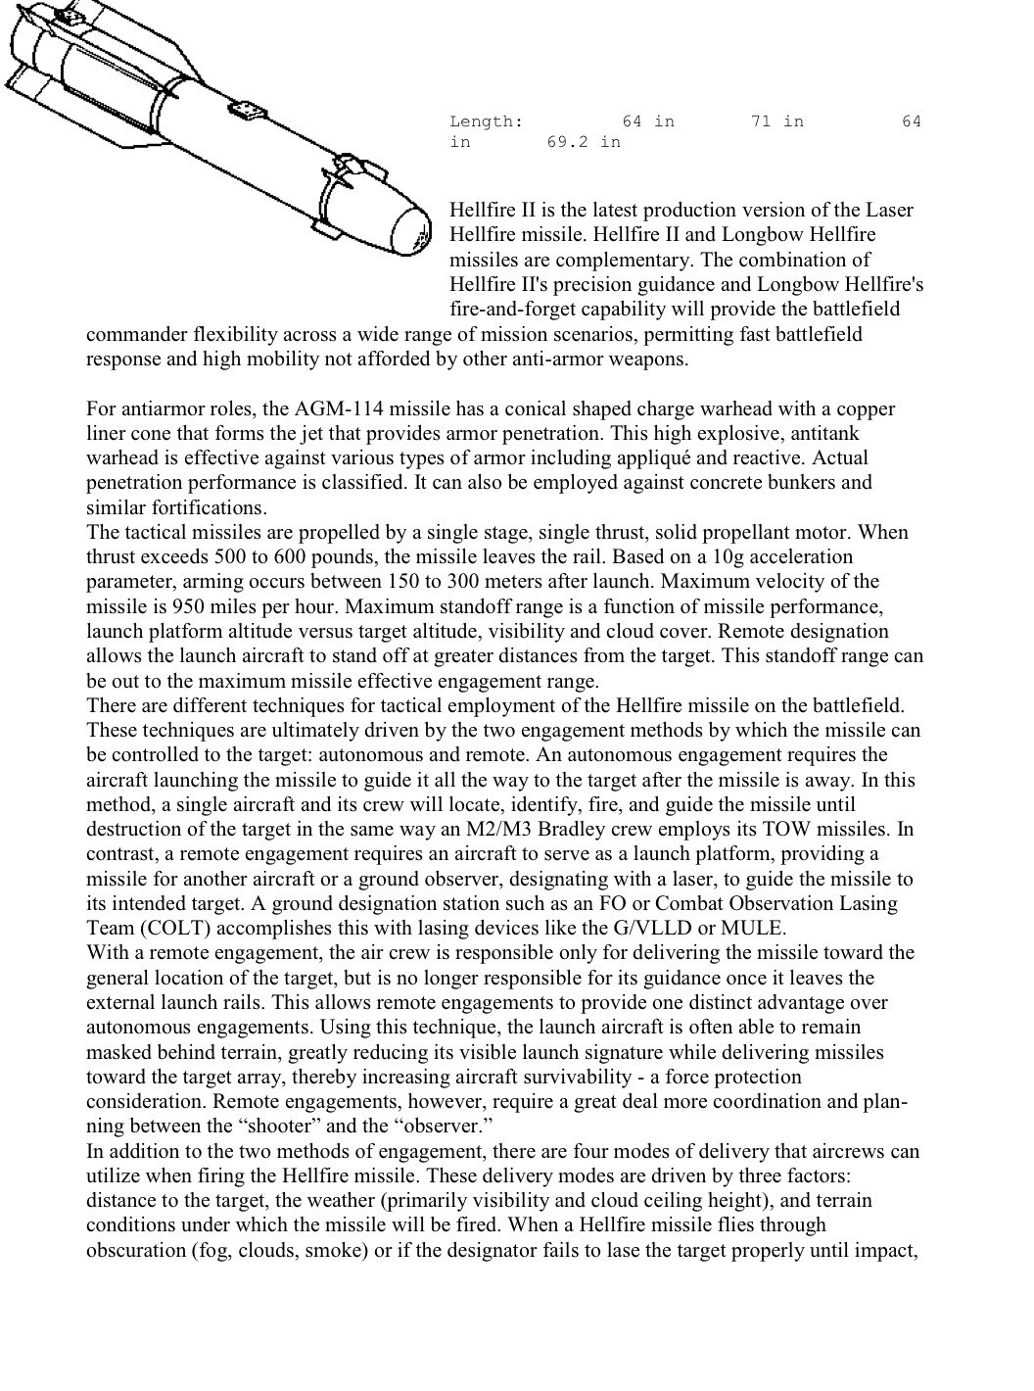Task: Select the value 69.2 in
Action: click(584, 142)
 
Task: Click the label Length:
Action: click(486, 121)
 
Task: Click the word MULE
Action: click(751, 928)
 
